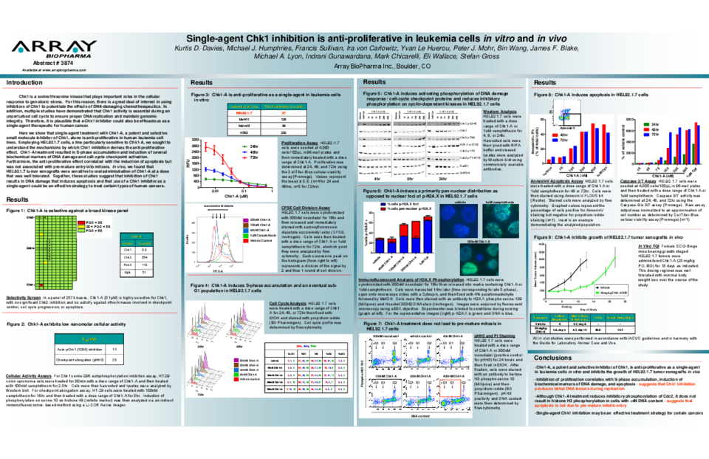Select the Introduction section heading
[24, 83]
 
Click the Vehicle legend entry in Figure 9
[600, 287]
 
